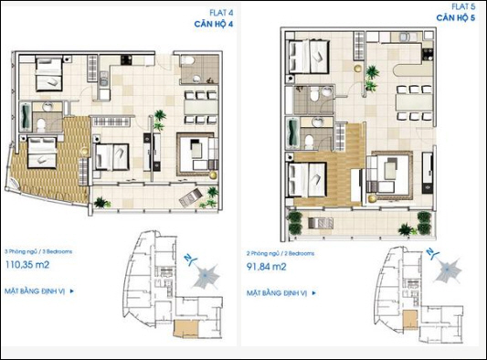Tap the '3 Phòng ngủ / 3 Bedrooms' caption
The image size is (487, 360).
tap(38, 249)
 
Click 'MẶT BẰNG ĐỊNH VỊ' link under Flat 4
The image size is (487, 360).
tap(36, 291)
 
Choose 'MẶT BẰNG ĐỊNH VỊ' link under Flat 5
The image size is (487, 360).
tap(278, 293)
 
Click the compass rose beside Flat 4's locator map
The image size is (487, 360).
tap(206, 271)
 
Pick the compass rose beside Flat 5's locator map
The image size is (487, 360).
tap(449, 270)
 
